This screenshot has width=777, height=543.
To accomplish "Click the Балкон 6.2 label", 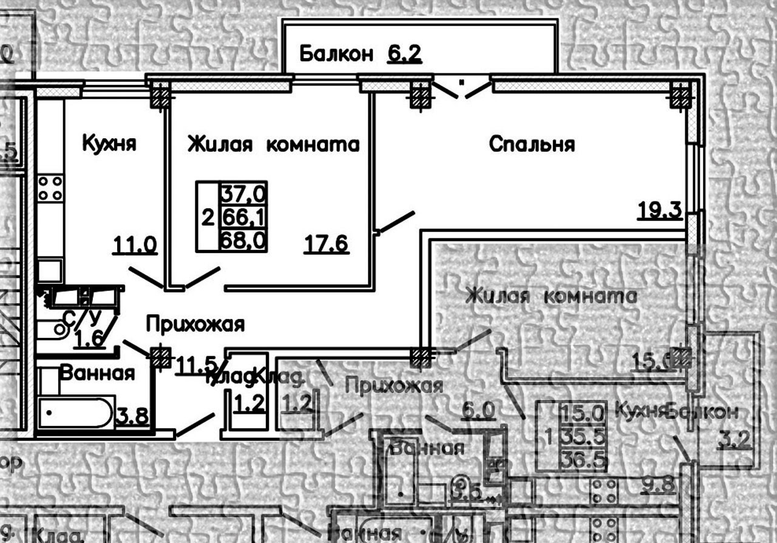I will pos(361,55).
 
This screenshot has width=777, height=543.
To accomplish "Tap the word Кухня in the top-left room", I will pos(109,144).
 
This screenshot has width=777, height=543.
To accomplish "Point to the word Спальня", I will pos(531,144).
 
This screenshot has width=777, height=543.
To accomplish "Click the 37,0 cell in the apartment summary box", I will pos(243,194).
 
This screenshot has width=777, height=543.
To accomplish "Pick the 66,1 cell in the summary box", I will pos(243,216).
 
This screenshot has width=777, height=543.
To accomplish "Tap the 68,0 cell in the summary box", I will pos(243,240).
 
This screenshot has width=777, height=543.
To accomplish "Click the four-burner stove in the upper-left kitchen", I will pos(50,187).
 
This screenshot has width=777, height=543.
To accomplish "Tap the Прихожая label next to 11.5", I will pos(195,325).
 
